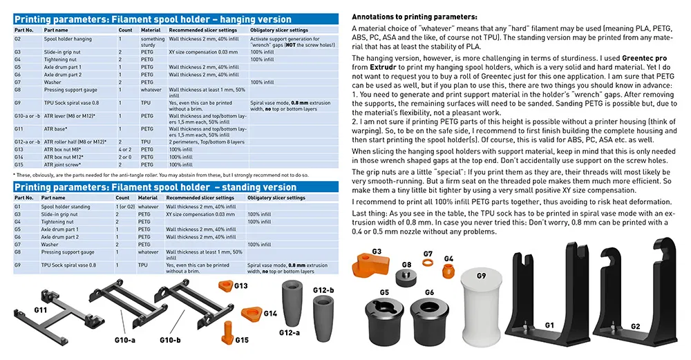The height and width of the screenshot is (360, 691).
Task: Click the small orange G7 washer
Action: [428, 264]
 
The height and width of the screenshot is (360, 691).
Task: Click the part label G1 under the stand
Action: [549, 324]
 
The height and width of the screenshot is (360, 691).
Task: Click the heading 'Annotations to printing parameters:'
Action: [414, 16]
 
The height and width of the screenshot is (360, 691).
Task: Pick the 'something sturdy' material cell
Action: [152, 43]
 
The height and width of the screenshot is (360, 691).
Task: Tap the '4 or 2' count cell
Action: [124, 149]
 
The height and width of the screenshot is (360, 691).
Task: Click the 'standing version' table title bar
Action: [155, 187]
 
